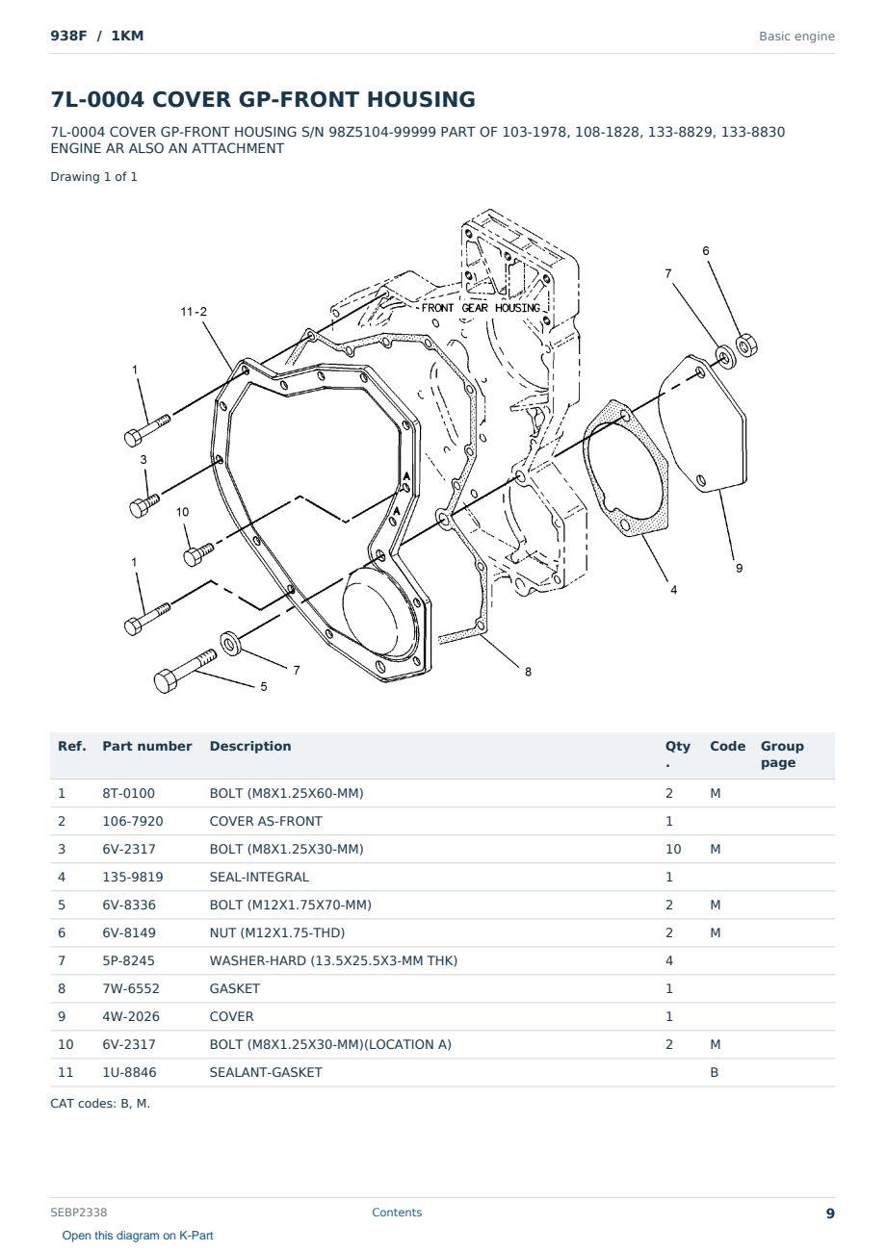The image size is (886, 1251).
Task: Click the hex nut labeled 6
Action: (x=745, y=346)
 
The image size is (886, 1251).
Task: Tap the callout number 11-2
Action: (x=194, y=312)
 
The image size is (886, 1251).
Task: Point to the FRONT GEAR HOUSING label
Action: (x=481, y=308)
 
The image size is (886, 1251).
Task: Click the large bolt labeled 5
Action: (x=185, y=672)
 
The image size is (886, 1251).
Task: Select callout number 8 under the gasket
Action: (x=529, y=672)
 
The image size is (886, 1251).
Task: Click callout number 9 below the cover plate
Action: (x=739, y=568)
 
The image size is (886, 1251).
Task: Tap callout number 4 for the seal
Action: (x=673, y=590)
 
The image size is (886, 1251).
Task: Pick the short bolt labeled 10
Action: (x=198, y=554)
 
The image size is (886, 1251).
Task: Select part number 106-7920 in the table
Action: (x=133, y=821)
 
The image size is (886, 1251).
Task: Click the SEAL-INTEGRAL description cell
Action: (x=259, y=877)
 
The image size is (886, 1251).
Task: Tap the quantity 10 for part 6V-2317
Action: (x=673, y=849)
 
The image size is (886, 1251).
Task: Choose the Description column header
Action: (x=250, y=746)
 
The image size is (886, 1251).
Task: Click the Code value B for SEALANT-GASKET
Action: (x=715, y=1072)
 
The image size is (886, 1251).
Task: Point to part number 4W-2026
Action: (x=131, y=1016)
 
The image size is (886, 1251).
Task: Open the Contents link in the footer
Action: (x=397, y=1213)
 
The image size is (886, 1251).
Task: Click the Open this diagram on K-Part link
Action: (x=138, y=1236)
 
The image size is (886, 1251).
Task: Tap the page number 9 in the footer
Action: (x=830, y=1213)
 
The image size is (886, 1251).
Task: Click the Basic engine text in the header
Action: (x=796, y=37)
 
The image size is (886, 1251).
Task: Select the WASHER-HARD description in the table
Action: (x=333, y=960)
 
